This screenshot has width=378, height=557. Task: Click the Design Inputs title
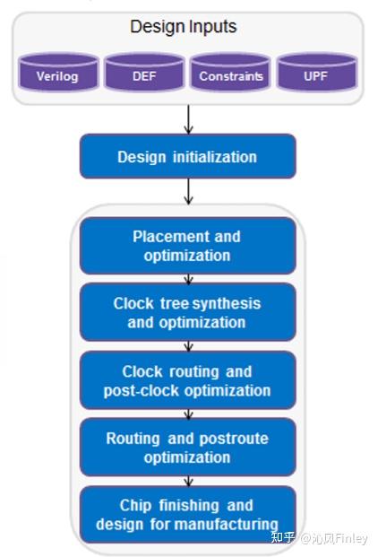[184, 27]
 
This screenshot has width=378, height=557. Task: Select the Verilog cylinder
[58, 72]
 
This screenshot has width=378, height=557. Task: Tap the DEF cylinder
[144, 72]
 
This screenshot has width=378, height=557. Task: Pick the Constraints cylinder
[230, 72]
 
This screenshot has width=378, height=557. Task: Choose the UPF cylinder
[317, 72]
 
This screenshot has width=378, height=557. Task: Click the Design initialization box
[188, 156]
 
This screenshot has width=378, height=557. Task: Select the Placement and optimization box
[188, 246]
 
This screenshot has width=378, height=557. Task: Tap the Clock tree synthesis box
[188, 313]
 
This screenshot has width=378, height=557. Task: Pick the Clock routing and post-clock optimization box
[188, 380]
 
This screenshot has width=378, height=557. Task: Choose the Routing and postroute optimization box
[188, 448]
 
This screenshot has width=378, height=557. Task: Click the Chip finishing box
[188, 514]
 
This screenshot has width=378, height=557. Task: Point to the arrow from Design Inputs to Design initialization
[189, 119]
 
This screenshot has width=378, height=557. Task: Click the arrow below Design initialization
[189, 191]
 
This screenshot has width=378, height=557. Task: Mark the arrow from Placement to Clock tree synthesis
[189, 279]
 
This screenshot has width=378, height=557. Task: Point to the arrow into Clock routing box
[189, 346]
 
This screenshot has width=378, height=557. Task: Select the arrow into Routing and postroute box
[189, 413]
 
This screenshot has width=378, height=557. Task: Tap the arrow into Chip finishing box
[189, 481]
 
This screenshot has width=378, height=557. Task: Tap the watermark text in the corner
[319, 538]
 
